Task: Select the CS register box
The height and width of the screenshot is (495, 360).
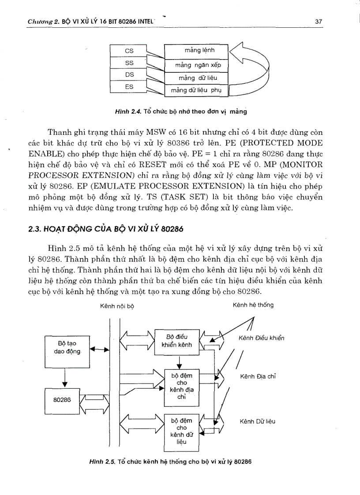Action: (x=129, y=51)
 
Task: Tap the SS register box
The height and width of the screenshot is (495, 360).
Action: (x=129, y=63)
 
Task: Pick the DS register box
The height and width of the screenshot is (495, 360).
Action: (x=129, y=74)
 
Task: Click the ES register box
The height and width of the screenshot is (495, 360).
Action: (x=129, y=87)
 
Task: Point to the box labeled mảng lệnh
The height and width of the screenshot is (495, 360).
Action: (x=196, y=51)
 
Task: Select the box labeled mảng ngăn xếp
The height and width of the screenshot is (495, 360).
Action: (x=196, y=65)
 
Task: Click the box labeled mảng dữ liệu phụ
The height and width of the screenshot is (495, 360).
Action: (x=196, y=91)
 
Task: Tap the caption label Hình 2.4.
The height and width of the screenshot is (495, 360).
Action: (x=127, y=111)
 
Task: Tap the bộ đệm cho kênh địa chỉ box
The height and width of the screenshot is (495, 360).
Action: (x=181, y=386)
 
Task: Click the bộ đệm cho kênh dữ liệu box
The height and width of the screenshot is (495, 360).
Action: (x=181, y=431)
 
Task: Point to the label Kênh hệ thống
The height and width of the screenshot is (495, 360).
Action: (x=253, y=305)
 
